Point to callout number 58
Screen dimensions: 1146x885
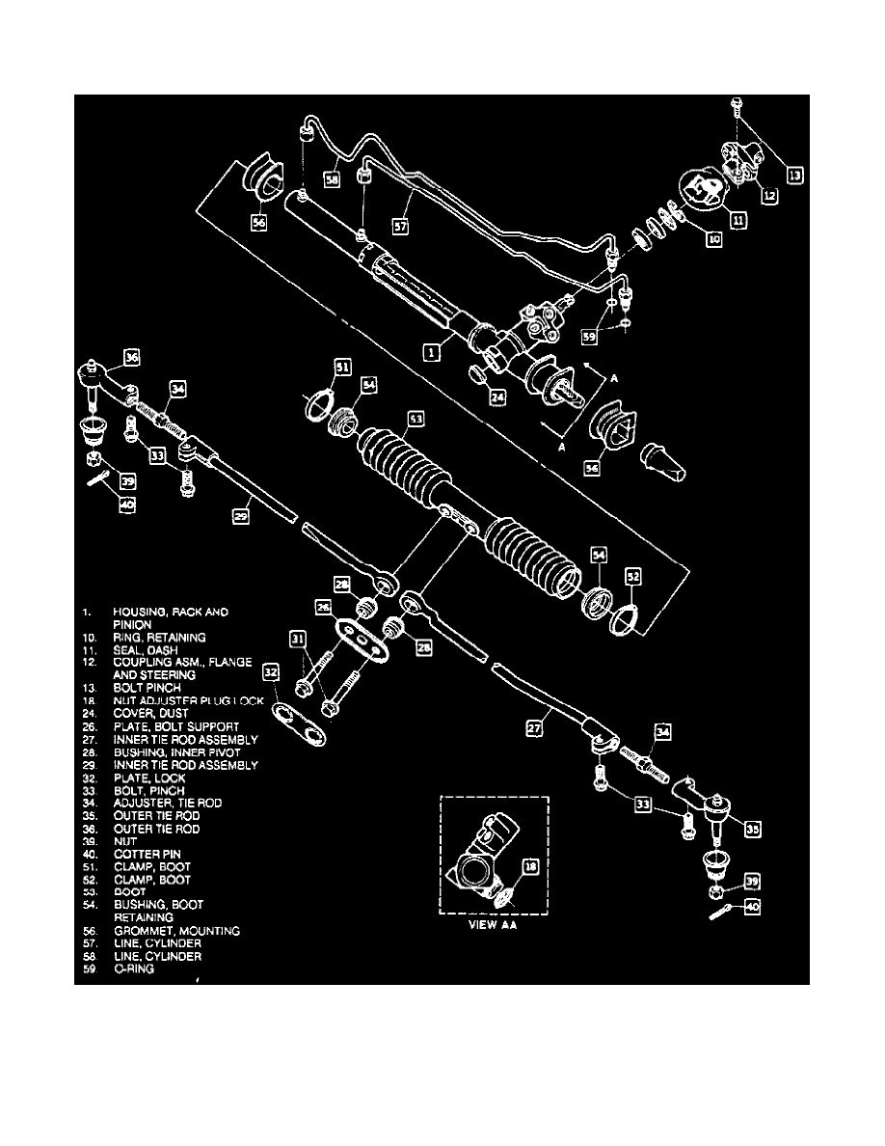click(x=333, y=179)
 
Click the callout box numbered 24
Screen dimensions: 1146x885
click(x=496, y=396)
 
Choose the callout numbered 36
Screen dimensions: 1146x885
click(x=131, y=357)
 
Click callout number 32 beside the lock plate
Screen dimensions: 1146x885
click(x=270, y=671)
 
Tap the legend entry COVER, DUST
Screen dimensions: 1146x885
click(x=151, y=714)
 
